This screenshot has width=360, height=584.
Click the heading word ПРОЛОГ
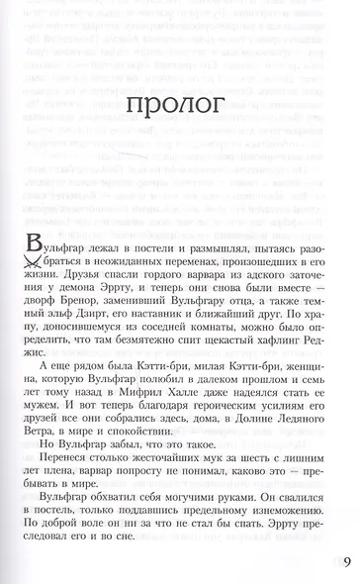point(179,146)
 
